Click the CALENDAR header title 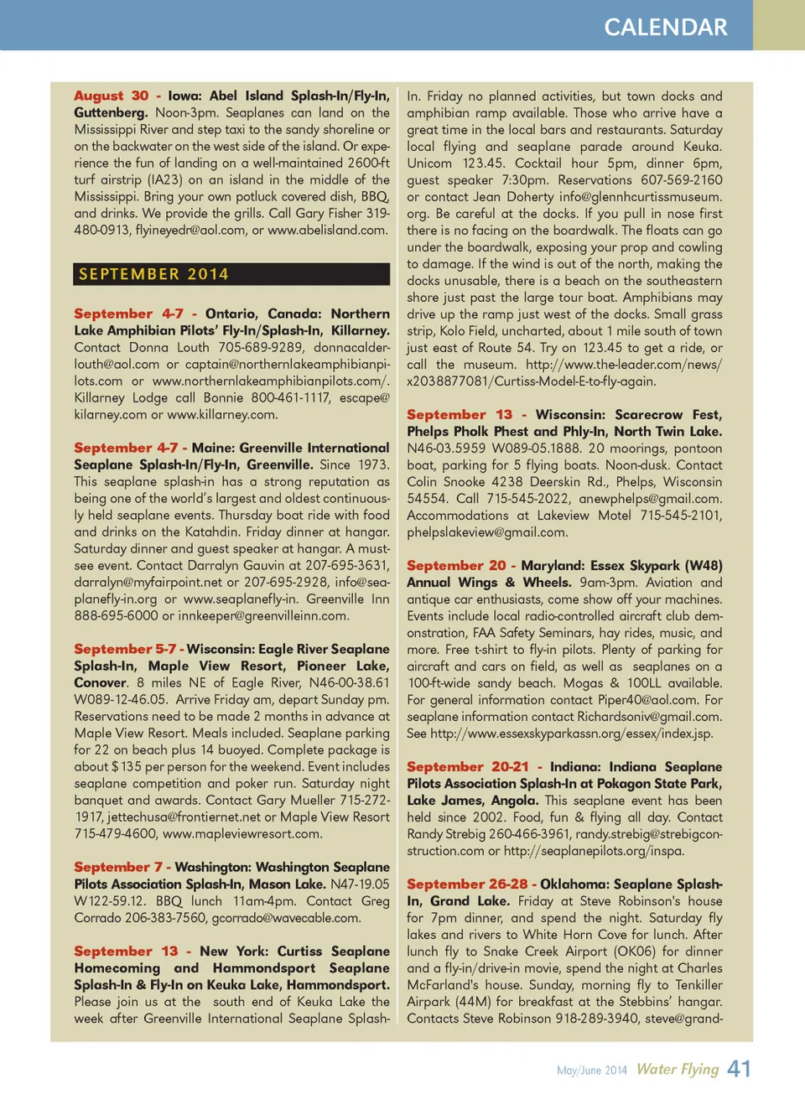[666, 27]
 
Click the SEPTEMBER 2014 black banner [231, 274]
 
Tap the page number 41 [739, 1069]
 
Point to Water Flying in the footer [678, 1069]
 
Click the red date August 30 [111, 96]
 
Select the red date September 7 [117, 867]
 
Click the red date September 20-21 [468, 766]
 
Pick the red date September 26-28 [467, 884]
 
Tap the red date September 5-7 [125, 649]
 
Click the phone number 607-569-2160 [681, 179]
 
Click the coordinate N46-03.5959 [445, 448]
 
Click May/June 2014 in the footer [592, 1071]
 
